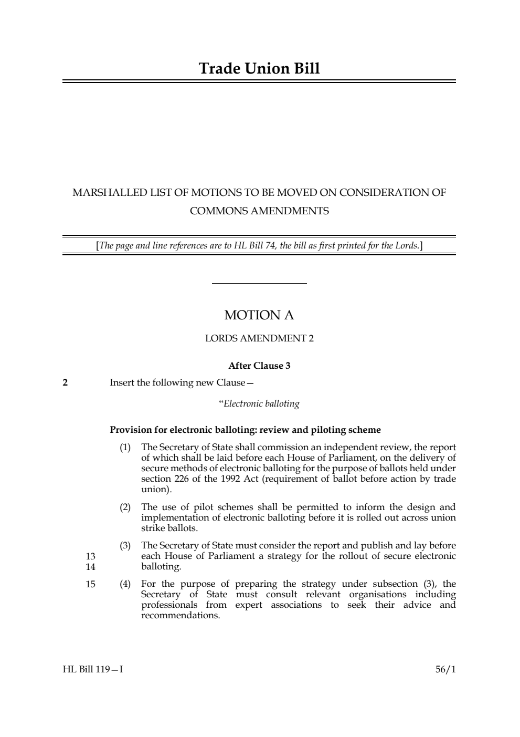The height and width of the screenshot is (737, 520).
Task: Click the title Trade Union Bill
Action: (259, 69)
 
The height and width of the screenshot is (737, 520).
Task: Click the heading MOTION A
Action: (259, 315)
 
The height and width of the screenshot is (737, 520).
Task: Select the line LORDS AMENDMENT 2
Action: (259, 338)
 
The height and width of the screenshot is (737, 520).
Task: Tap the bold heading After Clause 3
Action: (259, 366)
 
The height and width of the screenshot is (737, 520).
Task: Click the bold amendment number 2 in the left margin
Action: (65, 382)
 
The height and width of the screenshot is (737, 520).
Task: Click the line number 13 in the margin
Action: (90, 556)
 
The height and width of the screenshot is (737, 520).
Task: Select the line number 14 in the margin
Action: (90, 567)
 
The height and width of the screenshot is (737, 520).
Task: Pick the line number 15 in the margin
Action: (90, 584)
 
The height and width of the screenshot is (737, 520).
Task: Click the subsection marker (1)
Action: (125, 448)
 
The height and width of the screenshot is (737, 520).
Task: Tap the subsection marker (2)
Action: (125, 507)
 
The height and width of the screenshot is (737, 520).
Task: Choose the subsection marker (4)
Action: (125, 584)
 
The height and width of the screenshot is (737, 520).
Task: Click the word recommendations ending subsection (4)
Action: (181, 615)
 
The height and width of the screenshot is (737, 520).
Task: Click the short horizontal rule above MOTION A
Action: (259, 284)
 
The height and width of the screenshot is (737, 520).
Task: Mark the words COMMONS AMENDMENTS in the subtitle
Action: (259, 211)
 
